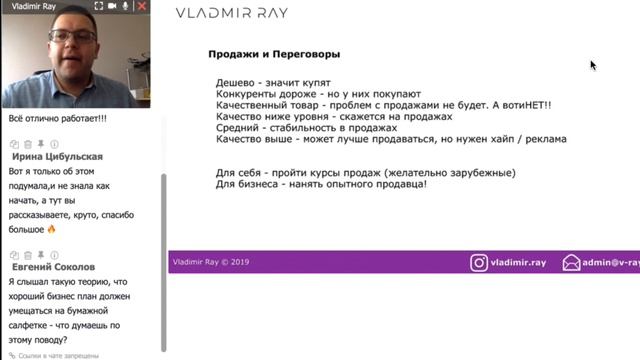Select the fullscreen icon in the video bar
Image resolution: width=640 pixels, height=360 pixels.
click(x=97, y=6)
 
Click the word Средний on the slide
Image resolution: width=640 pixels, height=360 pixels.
click(x=239, y=127)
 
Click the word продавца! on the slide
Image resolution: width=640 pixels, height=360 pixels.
click(x=398, y=184)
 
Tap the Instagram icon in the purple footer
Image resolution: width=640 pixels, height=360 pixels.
click(x=480, y=263)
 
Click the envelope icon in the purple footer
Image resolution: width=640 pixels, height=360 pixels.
click(x=571, y=263)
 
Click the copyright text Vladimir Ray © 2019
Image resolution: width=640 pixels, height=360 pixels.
click(x=210, y=262)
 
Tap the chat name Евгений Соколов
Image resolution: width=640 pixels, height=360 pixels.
click(x=54, y=267)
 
